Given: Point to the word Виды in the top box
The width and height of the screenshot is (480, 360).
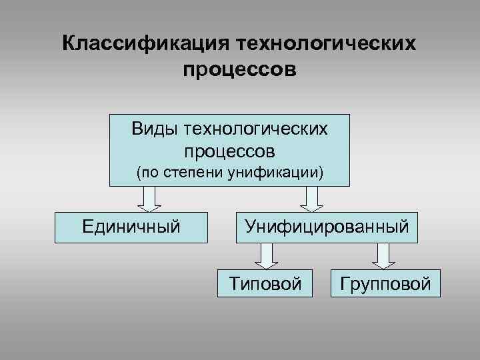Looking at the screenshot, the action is (x=154, y=127).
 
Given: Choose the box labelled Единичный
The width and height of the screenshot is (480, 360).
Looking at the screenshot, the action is (x=131, y=227).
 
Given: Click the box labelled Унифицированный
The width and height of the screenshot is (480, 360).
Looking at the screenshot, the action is (x=326, y=227).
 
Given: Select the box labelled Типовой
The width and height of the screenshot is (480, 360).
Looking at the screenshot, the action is (x=266, y=283).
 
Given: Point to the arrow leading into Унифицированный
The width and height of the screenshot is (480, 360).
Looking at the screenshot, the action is (x=313, y=198).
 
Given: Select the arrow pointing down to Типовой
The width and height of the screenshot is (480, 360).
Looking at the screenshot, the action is (x=266, y=255).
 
